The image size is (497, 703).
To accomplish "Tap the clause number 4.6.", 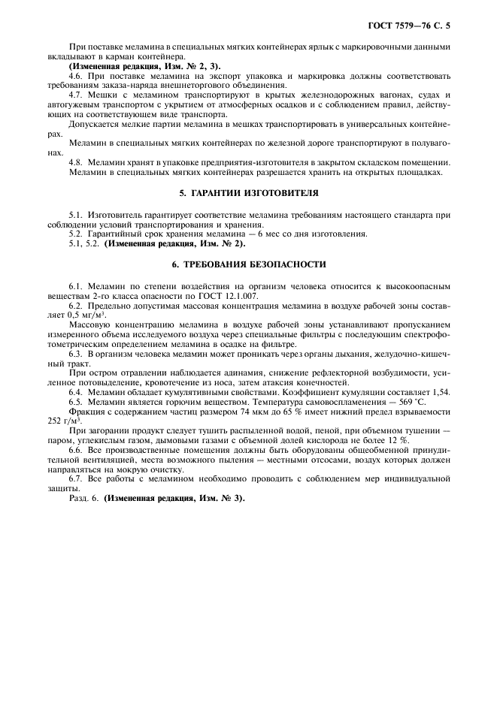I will pyautogui.click(x=75, y=76).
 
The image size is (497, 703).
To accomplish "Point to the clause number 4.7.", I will pyautogui.click(x=75, y=95).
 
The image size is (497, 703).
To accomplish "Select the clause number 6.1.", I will pyautogui.click(x=75, y=287).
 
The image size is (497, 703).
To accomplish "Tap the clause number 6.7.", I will pyautogui.click(x=75, y=478).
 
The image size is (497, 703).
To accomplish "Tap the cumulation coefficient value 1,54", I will pyautogui.click(x=441, y=391).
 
